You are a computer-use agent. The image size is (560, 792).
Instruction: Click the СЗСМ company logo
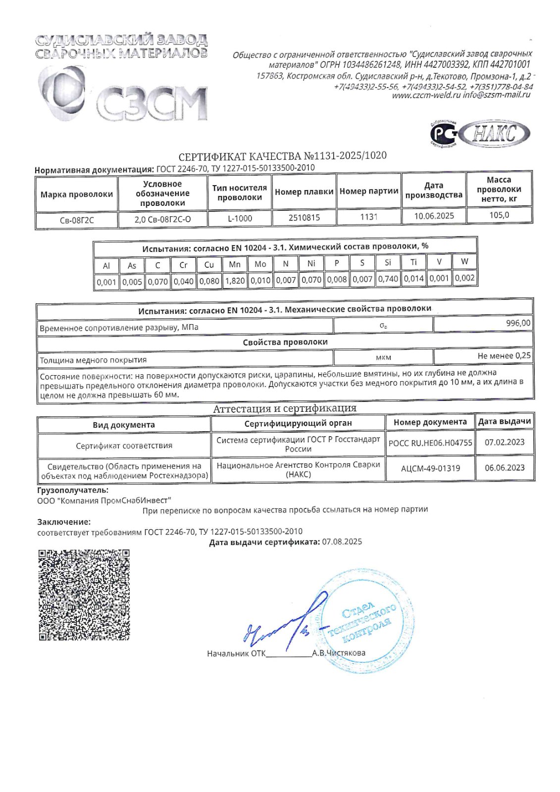coord(124,94)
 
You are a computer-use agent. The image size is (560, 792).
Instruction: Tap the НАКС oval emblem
coord(494,133)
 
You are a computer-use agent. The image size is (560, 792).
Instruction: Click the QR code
coord(84,594)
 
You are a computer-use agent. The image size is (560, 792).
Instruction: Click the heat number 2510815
coord(304,217)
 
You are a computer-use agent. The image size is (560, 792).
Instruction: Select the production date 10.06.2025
coord(434,216)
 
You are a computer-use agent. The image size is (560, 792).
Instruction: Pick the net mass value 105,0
coord(499,215)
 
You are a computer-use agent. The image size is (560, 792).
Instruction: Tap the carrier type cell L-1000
coord(240,218)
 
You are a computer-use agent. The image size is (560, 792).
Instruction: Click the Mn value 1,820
coord(235,281)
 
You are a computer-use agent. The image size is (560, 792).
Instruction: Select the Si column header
coord(388,263)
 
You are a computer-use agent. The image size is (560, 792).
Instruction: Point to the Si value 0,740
coord(388,279)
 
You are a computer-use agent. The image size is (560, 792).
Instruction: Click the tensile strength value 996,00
coord(518,323)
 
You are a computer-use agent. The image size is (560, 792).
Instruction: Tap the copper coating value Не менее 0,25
coord(504,356)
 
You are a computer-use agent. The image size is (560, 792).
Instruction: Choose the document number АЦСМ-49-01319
coord(430,468)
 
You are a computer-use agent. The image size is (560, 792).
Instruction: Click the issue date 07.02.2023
coord(505,442)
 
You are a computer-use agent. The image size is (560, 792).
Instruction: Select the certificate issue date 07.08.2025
coord(342,542)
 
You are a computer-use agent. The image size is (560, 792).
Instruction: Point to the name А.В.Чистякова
coord(339,653)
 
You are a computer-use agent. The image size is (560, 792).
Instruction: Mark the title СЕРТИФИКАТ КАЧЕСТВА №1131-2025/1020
coord(282,156)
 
